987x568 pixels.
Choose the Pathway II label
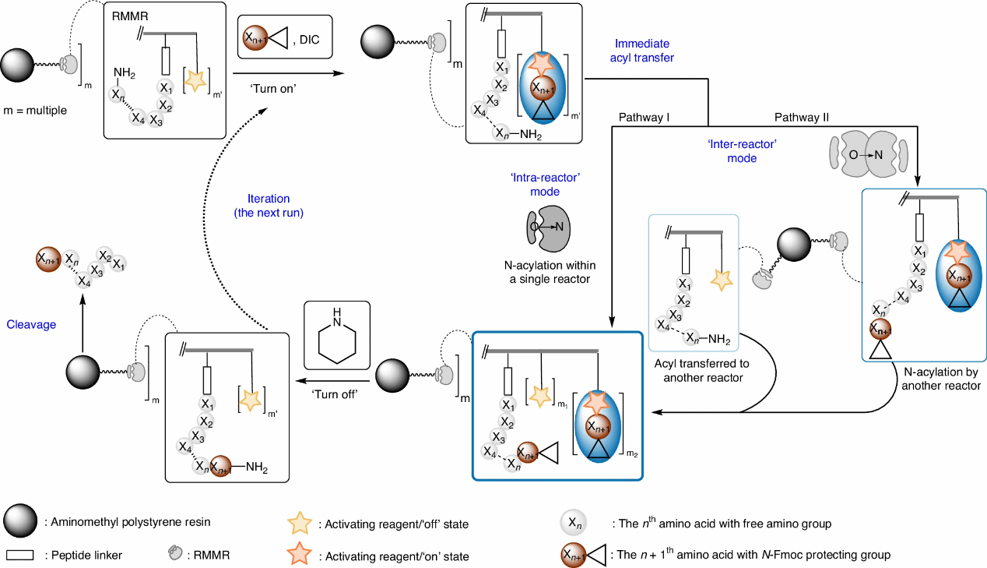(801, 118)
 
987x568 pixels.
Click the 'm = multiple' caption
(34, 110)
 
